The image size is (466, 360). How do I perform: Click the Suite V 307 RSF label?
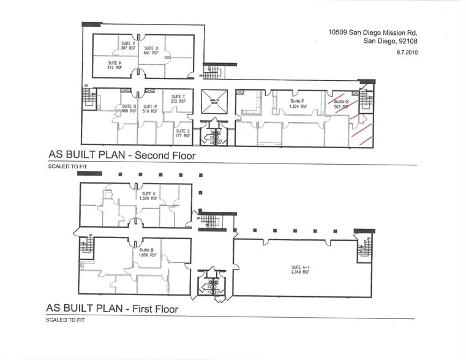(x=128, y=46)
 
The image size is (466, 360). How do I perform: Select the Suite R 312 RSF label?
(x=115, y=65)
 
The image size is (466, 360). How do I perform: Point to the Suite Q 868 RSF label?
(x=129, y=108)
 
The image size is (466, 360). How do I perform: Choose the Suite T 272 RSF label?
(x=178, y=99)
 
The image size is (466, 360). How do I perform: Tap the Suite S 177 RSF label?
(x=182, y=133)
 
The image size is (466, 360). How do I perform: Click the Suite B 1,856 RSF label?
(x=148, y=252)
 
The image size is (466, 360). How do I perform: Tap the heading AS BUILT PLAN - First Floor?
(x=113, y=309)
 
